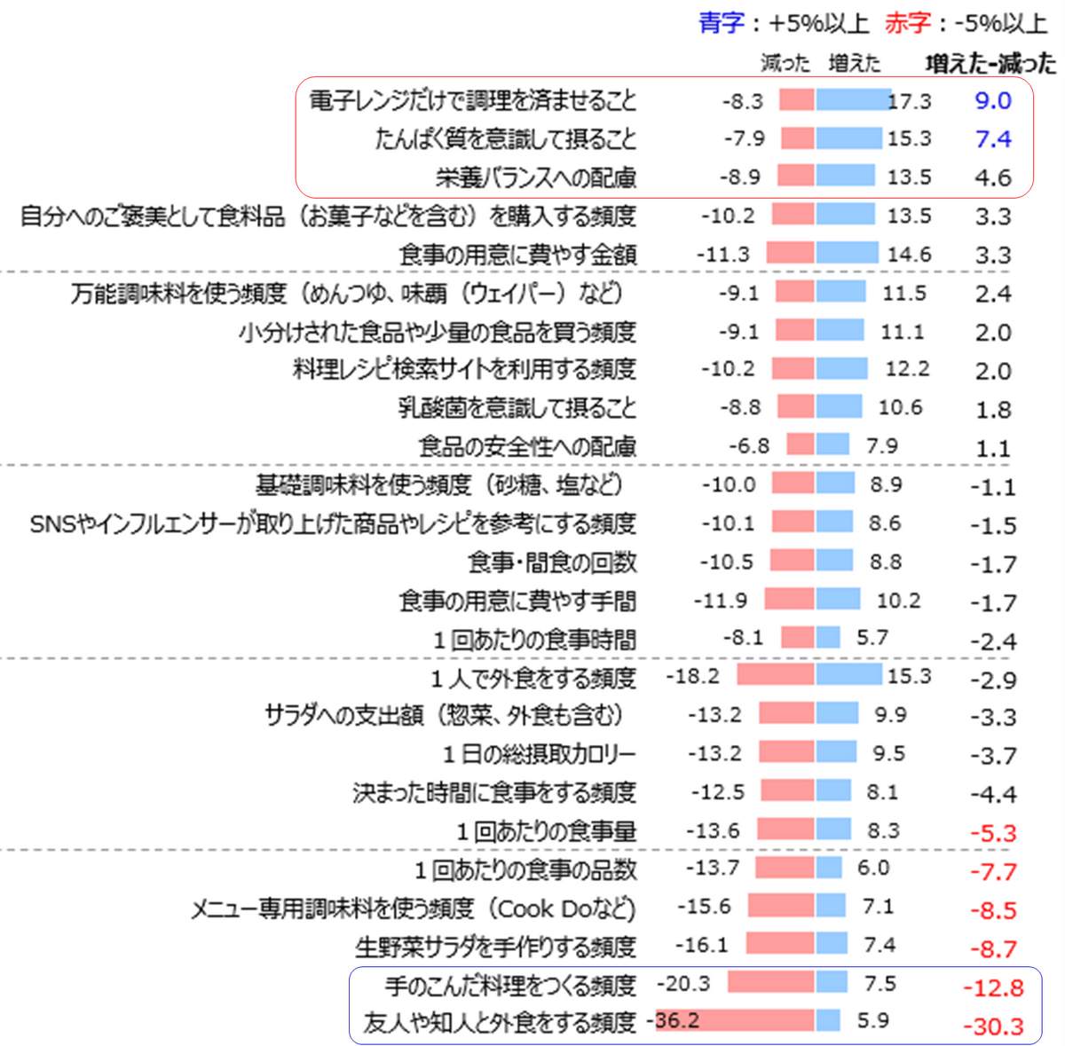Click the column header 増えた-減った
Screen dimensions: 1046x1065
[x=990, y=64]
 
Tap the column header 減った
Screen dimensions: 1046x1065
[x=785, y=64]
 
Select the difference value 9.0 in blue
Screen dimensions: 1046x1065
[x=992, y=100]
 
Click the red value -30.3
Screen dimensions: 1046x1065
[x=993, y=1026]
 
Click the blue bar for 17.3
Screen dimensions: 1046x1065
[x=853, y=100]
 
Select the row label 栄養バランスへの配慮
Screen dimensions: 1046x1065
[x=536, y=177]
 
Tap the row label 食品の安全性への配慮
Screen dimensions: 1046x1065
[x=527, y=446]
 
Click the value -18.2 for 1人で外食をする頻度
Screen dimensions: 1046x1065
[x=692, y=677]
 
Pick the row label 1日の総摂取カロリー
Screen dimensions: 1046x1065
[x=540, y=755]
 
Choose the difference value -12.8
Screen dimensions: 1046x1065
[x=993, y=987]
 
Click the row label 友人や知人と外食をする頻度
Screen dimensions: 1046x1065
[x=500, y=1023]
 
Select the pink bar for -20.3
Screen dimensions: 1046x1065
[x=770, y=983]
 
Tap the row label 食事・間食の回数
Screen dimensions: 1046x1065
[x=552, y=562]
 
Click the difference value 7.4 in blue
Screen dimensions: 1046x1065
[x=992, y=139]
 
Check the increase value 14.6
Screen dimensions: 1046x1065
[x=909, y=255]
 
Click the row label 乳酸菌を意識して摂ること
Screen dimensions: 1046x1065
[x=517, y=408]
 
